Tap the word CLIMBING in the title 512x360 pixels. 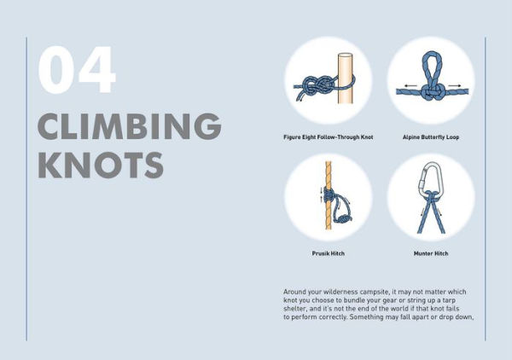pyautogui.click(x=129, y=126)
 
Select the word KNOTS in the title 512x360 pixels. pyautogui.click(x=100, y=164)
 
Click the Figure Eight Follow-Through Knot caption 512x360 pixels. pyautogui.click(x=328, y=136)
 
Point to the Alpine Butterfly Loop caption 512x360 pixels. pyautogui.click(x=430, y=136)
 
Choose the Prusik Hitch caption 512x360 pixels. pyautogui.click(x=328, y=253)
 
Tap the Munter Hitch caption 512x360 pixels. pyautogui.click(x=430, y=253)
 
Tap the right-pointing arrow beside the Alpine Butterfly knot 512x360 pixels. pyautogui.click(x=457, y=85)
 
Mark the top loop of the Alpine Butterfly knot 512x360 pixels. pyautogui.click(x=431, y=67)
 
